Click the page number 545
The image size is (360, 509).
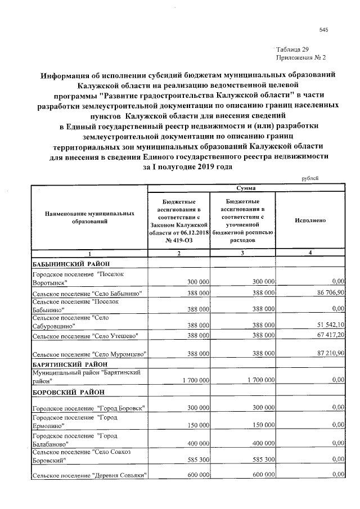323,30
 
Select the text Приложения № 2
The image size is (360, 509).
301,58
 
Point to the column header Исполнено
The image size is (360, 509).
310,221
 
